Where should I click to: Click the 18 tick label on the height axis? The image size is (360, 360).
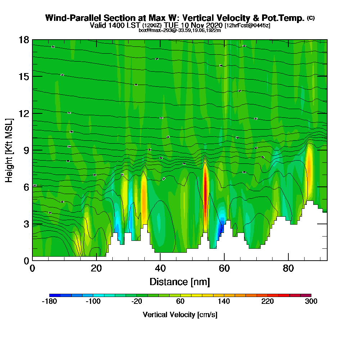(24, 40)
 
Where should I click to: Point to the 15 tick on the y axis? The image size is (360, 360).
(24, 77)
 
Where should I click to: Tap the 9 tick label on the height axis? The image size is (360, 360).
(26, 150)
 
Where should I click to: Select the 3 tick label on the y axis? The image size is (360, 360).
(26, 224)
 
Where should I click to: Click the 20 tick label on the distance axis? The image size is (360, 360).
(96, 268)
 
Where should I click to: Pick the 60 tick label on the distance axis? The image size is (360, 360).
(224, 268)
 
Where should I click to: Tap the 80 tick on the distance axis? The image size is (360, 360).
(288, 268)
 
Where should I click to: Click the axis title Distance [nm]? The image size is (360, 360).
(180, 282)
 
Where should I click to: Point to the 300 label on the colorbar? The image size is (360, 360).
(311, 302)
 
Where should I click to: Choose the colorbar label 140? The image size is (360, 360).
(224, 302)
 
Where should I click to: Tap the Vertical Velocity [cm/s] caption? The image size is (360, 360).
(180, 315)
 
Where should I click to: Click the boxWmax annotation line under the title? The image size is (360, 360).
(180, 30)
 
